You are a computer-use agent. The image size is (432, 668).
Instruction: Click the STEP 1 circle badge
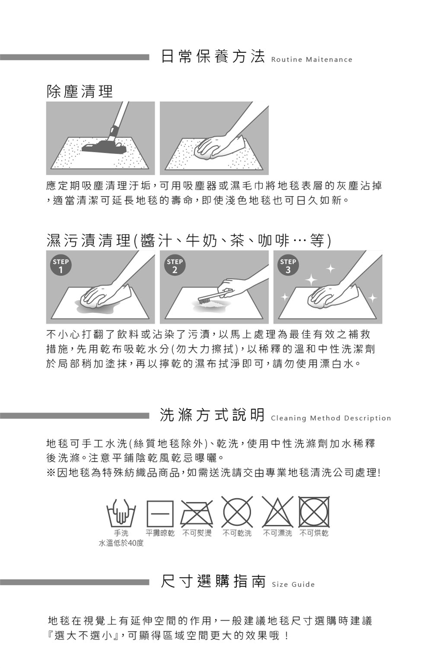pos(61,265)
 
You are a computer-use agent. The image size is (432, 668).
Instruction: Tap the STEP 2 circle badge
pos(175,265)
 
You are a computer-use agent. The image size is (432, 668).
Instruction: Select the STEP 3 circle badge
pos(288,265)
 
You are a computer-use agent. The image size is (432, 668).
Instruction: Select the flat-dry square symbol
pos(160,514)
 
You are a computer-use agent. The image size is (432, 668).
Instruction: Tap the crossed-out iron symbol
pos(197,514)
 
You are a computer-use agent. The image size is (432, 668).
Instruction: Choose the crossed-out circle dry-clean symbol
pos(237,512)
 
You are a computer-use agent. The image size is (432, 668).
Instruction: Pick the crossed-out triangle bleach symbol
pos(278,512)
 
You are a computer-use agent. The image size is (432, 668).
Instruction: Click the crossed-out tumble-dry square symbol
pos(314,512)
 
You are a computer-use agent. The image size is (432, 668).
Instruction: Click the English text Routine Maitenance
pos(311,59)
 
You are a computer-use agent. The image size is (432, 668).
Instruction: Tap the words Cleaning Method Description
pos(331,418)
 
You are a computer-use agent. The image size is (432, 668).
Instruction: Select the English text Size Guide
pos(293,584)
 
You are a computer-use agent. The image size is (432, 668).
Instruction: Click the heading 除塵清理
pos(80,91)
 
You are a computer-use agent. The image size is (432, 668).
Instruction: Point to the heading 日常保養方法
pos(213,56)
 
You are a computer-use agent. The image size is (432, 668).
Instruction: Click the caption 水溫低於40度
pos(121,543)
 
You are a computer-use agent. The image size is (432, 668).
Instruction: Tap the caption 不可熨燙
pos(197,533)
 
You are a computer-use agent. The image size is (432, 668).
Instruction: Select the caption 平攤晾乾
pos(160,533)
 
